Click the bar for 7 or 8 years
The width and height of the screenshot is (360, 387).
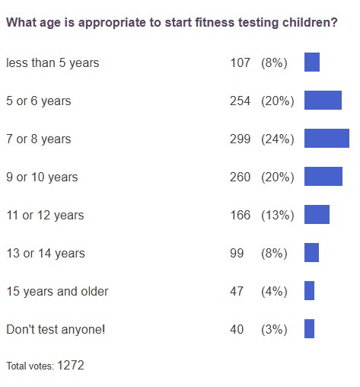point(327,139)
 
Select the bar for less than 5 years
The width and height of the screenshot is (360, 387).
point(312,62)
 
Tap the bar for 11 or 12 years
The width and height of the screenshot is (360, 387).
point(317,215)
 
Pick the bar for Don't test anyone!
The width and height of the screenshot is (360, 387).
point(309,329)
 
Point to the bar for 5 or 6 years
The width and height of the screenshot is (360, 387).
point(323,101)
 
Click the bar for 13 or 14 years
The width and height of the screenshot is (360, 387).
point(311,253)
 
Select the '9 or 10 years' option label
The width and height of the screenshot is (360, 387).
point(42,177)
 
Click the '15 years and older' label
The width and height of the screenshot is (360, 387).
point(57,291)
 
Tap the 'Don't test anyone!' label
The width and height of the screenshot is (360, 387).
point(56,329)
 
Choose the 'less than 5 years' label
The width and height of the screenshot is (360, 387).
point(53,62)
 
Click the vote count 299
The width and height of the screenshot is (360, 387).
point(240,139)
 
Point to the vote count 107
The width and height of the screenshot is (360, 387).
point(240,62)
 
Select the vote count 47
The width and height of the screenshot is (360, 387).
point(237,291)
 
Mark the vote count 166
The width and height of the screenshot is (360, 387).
point(240,215)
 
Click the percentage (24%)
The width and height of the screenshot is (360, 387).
point(277,139)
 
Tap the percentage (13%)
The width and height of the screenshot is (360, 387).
point(277,215)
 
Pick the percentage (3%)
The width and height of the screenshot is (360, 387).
point(274,329)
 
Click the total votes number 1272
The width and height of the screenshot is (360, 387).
point(70,366)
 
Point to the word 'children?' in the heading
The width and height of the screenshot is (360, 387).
point(309,23)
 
